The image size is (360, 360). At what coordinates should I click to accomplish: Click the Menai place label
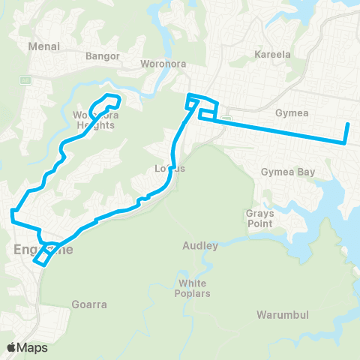click(x=43, y=46)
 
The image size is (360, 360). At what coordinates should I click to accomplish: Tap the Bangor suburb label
click(x=103, y=55)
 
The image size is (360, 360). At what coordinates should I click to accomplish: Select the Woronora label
click(x=161, y=64)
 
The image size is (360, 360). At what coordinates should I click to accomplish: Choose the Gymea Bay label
click(x=285, y=172)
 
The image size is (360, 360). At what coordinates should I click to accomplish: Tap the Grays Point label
click(x=259, y=218)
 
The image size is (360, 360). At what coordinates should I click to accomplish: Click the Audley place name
click(x=200, y=245)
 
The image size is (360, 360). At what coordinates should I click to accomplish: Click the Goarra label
click(x=90, y=304)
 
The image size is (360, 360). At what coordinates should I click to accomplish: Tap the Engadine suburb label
click(x=43, y=249)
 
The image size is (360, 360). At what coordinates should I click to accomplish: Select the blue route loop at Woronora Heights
click(x=107, y=101)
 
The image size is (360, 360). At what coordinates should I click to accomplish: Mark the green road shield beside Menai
click(x=25, y=79)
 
